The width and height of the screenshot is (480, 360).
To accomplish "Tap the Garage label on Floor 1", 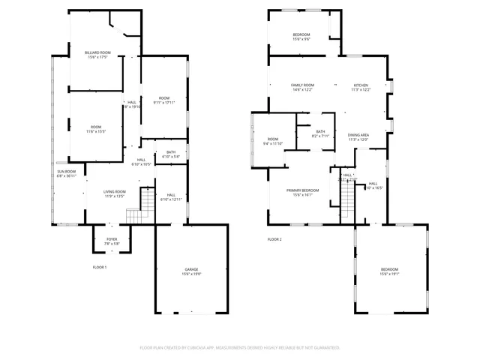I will point(191,269).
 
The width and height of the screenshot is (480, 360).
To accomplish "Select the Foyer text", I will point(111,239).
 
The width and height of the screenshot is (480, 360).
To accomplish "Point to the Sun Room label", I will point(66,172).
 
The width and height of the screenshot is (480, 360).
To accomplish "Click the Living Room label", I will point(115,192).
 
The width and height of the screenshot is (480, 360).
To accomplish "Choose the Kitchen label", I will point(362,85).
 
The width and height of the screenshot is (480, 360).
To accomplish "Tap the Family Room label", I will point(302,85).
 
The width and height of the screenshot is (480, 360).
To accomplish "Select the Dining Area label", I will point(358,134).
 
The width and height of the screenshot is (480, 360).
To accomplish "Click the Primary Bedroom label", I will point(302,190).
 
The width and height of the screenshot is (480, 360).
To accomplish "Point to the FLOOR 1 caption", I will point(100,267).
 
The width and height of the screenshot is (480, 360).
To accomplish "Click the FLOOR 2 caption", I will point(274,239).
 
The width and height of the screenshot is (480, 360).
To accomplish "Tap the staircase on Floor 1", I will point(135,217).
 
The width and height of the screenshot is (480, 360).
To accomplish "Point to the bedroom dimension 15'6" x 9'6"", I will point(301,39).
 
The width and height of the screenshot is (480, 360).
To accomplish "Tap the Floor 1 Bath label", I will point(171,152).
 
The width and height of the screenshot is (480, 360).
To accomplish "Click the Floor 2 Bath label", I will point(321,132).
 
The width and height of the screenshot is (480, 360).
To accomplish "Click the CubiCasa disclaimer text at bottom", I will point(240,347).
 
